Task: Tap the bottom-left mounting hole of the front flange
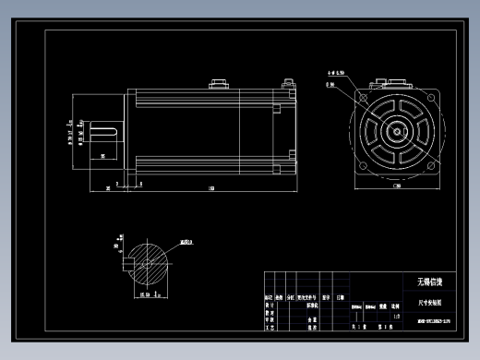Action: (x=364, y=167)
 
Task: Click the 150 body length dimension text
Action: (x=210, y=189)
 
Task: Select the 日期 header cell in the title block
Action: (x=341, y=298)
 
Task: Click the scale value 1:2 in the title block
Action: (x=396, y=316)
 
